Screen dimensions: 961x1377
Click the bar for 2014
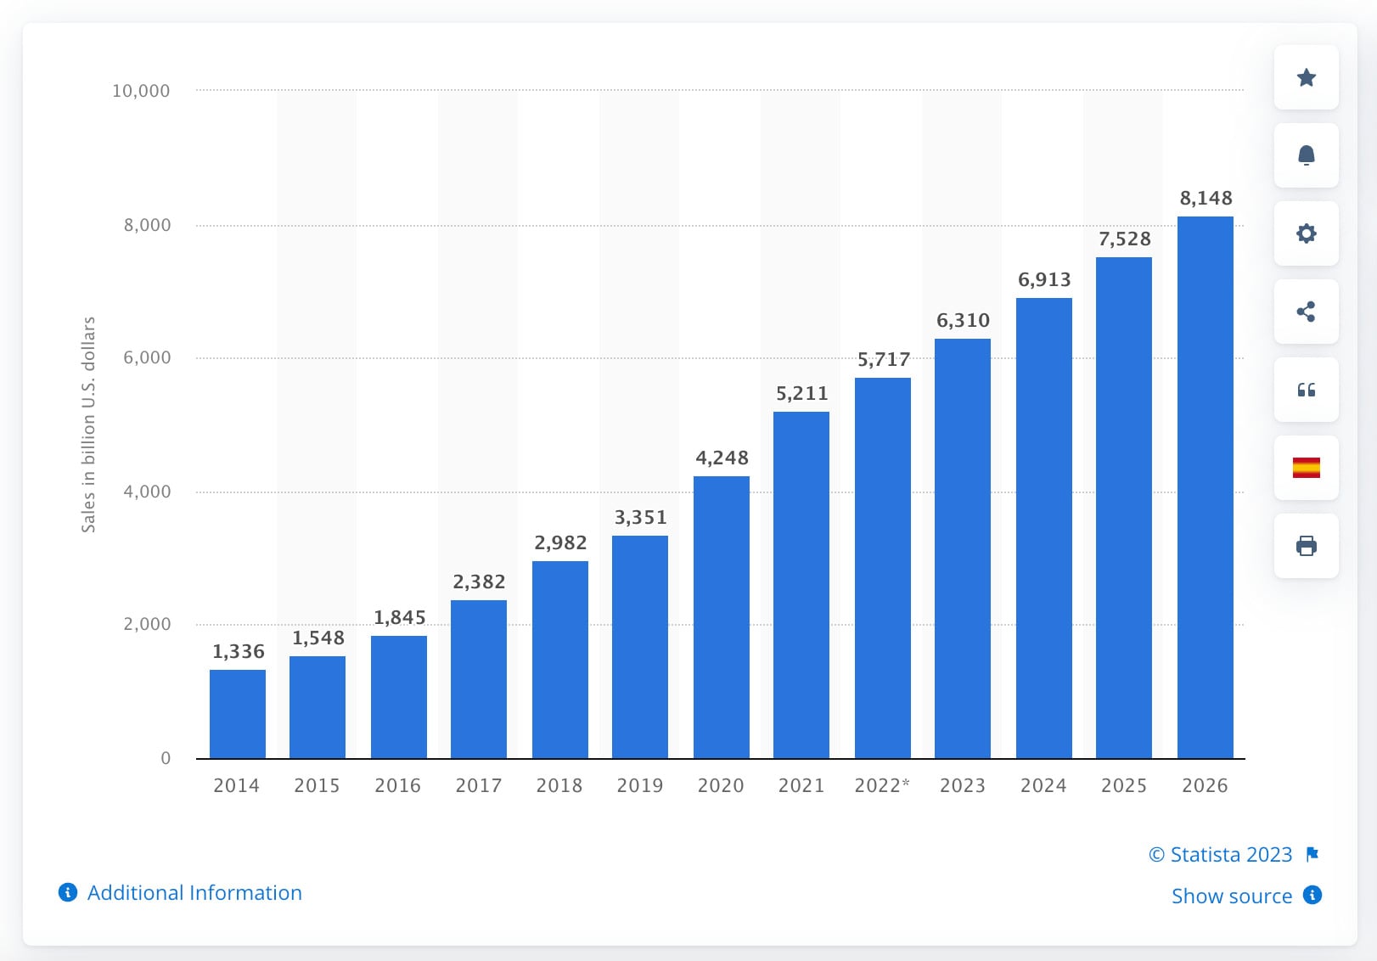coord(238,714)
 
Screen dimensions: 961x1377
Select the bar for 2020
coord(722,617)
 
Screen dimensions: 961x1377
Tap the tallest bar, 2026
coord(1205,487)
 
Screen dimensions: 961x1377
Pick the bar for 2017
coord(479,679)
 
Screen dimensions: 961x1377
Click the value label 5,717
coord(883,360)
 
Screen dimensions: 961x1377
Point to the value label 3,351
coord(640,518)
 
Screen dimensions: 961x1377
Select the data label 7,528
coord(1124,239)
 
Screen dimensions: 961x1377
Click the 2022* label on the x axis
coord(882,785)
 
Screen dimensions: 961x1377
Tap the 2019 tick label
coord(640,785)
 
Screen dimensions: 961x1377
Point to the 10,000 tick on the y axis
coord(141,91)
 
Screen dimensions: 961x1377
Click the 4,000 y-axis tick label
coord(147,492)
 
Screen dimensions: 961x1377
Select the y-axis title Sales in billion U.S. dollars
coord(88,424)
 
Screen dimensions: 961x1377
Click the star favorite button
coord(1306,78)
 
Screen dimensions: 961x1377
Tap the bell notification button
coord(1306,155)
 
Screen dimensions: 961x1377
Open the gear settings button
coord(1306,233)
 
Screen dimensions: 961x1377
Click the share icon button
coord(1306,312)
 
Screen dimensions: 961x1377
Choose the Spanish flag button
coord(1306,468)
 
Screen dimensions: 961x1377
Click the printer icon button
coord(1306,546)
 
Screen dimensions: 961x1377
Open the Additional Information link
coord(194,893)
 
